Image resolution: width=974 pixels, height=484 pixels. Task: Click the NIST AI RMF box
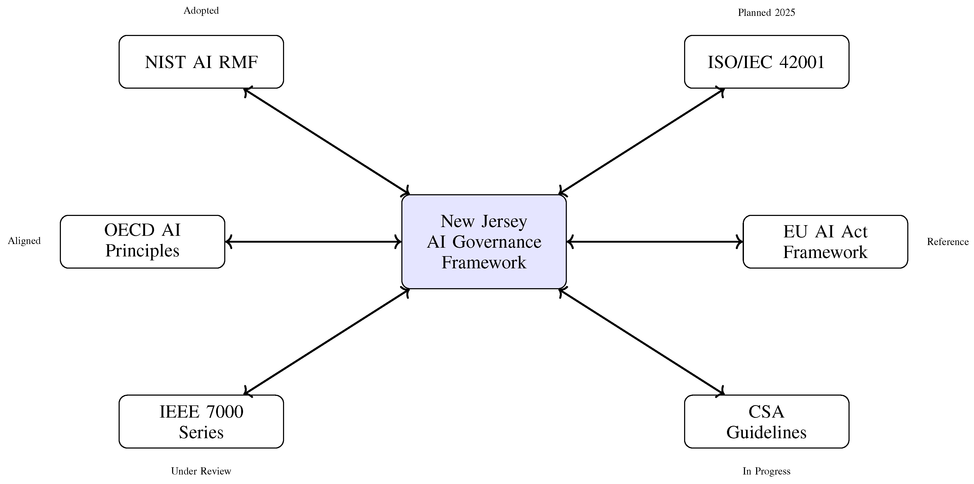pyautogui.click(x=201, y=62)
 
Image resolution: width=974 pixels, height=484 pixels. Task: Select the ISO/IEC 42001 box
pyautogui.click(x=766, y=62)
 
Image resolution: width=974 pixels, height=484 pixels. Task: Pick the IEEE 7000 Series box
pyautogui.click(x=201, y=421)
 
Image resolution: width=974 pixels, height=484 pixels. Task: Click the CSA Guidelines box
pyautogui.click(x=766, y=421)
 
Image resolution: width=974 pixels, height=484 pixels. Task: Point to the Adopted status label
pyautogui.click(x=201, y=11)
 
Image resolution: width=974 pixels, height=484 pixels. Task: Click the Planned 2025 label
pyautogui.click(x=766, y=12)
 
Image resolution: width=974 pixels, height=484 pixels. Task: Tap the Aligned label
pyautogui.click(x=24, y=241)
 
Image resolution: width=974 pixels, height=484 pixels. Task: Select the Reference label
pyautogui.click(x=948, y=242)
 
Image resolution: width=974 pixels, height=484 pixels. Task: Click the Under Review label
pyautogui.click(x=201, y=471)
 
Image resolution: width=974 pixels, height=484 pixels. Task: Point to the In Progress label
pyautogui.click(x=766, y=471)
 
